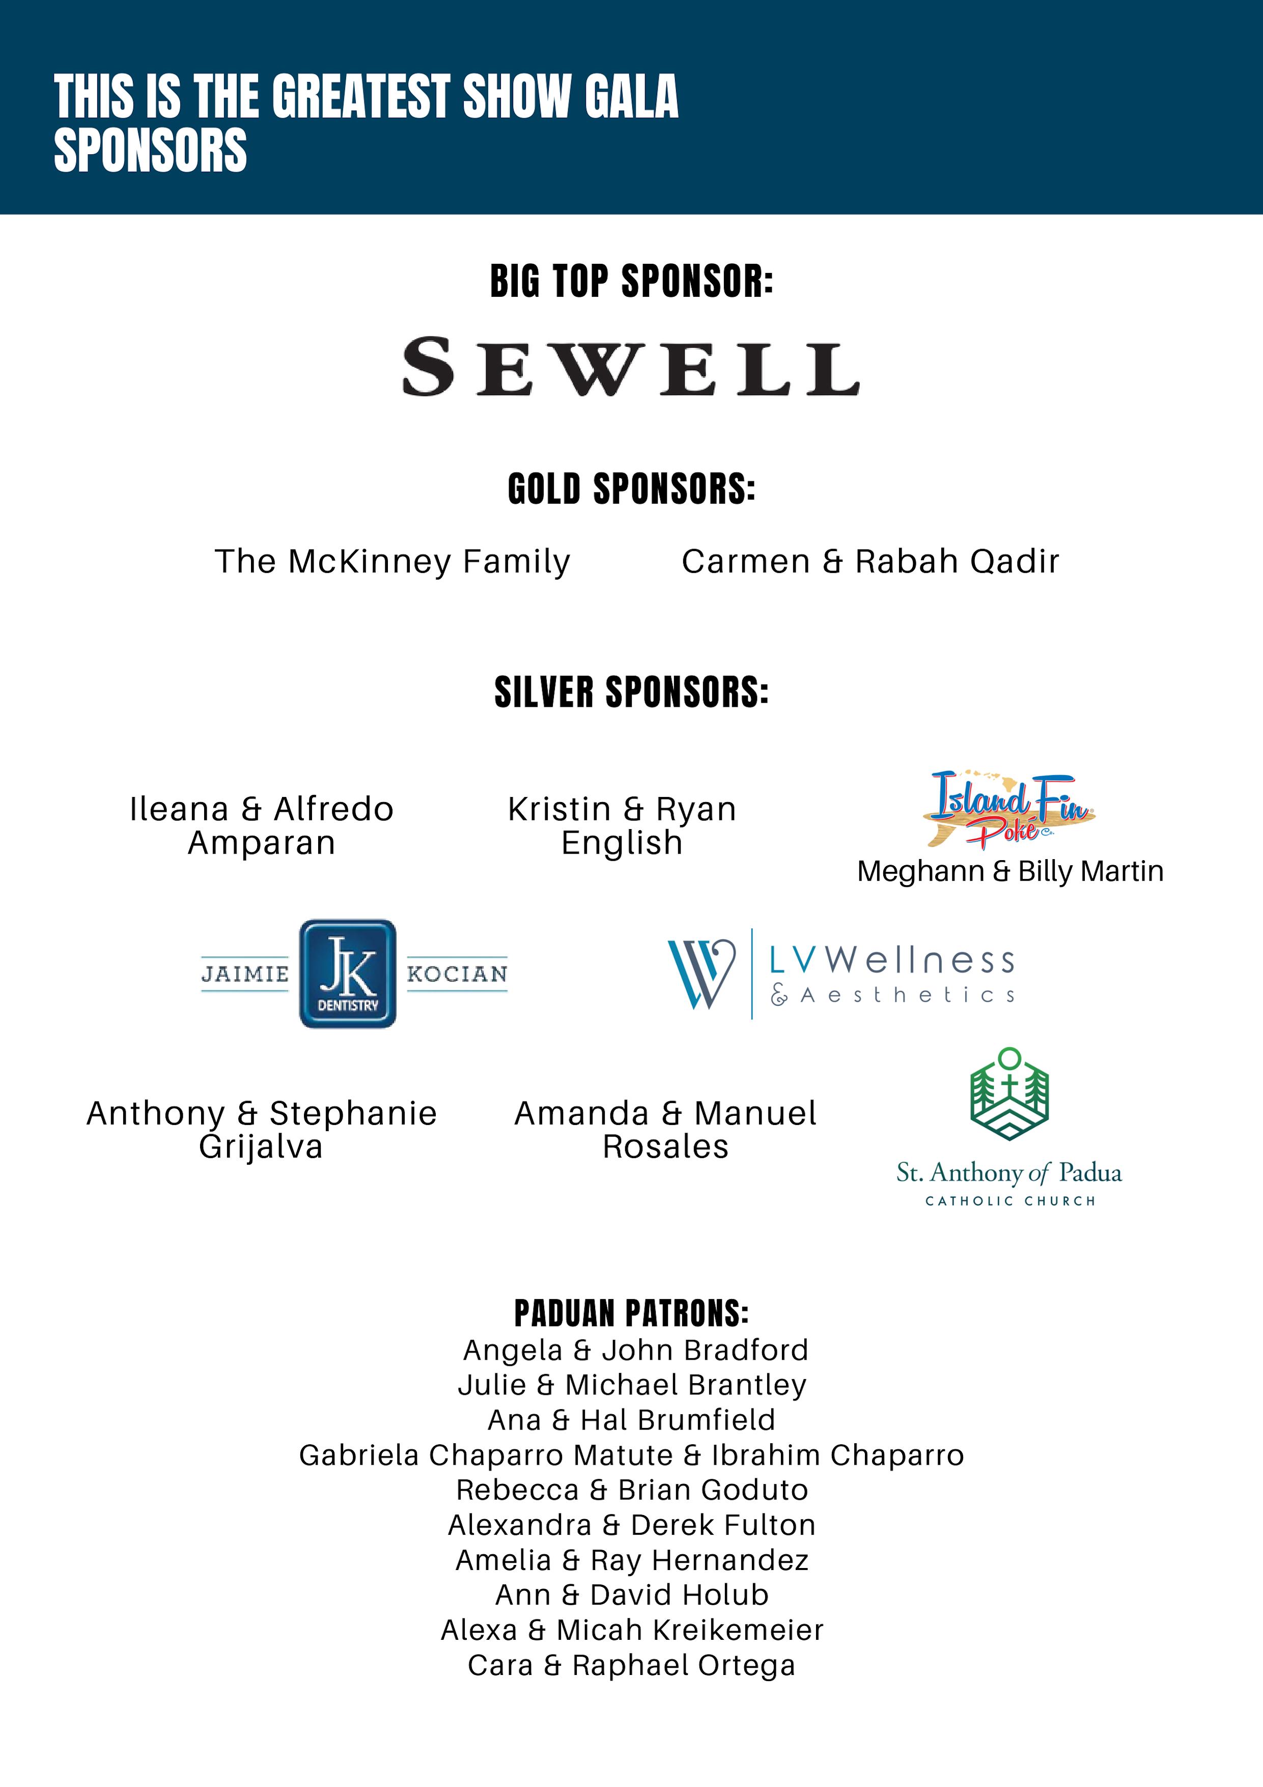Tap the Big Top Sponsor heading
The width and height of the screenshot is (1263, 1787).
pos(631,281)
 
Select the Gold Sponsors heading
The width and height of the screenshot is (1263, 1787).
pos(631,489)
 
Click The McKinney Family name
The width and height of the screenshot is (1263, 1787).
pos(392,561)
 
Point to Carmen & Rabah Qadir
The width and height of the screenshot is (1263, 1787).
pos(870,561)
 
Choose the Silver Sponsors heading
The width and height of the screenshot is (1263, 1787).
pos(631,692)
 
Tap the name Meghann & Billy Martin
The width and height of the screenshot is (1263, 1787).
pos(1010,871)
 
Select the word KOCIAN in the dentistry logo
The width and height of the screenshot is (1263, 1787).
pos(457,974)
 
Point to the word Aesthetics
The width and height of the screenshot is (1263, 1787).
pos(907,996)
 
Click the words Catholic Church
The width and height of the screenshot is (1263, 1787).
pos(1009,1201)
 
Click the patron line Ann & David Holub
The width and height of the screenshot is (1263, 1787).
pos(631,1595)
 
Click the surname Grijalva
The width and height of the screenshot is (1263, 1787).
pos(261,1146)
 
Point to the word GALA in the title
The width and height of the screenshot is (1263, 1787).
pos(631,97)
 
